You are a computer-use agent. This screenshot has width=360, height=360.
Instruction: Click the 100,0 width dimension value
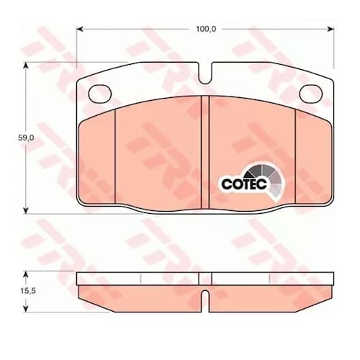[x=206, y=30]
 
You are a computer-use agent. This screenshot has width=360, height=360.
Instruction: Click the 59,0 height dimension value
[x=27, y=138]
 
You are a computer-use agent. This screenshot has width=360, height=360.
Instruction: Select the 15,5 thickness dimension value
[x=28, y=291]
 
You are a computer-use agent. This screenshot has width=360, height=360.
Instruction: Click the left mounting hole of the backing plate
[x=100, y=94]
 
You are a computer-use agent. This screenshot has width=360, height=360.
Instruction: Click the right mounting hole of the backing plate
[x=311, y=94]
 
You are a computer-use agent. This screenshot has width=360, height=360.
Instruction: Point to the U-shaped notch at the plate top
[x=205, y=73]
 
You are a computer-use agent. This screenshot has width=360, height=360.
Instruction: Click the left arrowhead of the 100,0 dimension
[x=80, y=30]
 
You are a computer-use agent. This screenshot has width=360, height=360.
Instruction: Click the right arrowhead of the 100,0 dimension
[x=330, y=30]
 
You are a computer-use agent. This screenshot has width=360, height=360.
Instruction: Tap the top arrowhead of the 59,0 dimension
[x=26, y=66]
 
